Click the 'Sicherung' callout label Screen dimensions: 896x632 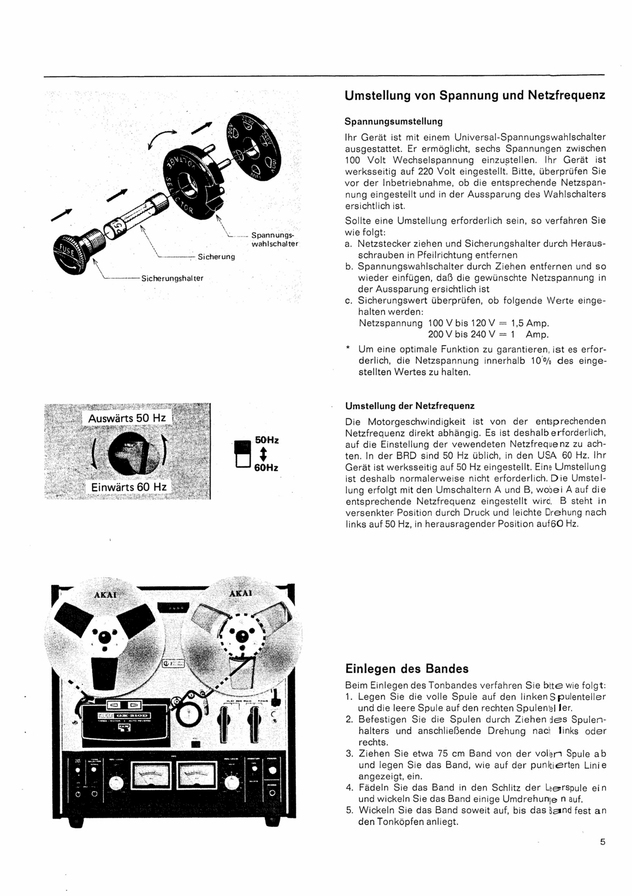point(216,257)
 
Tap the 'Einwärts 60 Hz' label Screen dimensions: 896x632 point(129,487)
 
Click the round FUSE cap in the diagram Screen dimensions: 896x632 point(69,255)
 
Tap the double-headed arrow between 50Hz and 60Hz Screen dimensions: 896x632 point(263,454)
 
